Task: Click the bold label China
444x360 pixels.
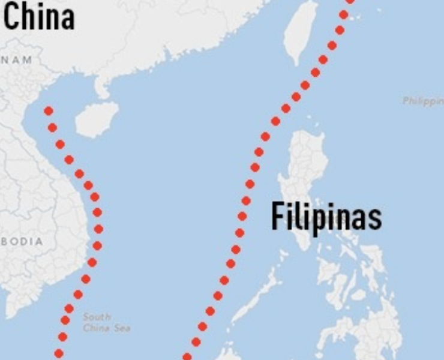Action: click(39, 17)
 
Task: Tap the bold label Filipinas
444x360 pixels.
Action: click(326, 217)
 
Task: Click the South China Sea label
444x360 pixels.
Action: click(106, 322)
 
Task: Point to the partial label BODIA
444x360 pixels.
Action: click(22, 242)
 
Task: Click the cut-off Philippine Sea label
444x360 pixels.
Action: click(423, 101)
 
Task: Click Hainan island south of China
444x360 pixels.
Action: click(97, 119)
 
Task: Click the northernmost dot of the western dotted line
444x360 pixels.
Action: click(49, 111)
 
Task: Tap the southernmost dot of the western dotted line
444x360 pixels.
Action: click(59, 353)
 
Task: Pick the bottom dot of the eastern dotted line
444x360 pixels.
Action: click(187, 356)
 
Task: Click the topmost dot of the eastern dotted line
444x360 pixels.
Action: click(350, 2)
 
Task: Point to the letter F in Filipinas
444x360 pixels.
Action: click(277, 217)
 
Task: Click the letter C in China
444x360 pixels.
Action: click(11, 17)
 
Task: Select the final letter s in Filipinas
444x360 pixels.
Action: click(376, 218)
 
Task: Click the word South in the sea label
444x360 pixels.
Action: click(97, 317)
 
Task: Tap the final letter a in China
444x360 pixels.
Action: click(67, 20)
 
